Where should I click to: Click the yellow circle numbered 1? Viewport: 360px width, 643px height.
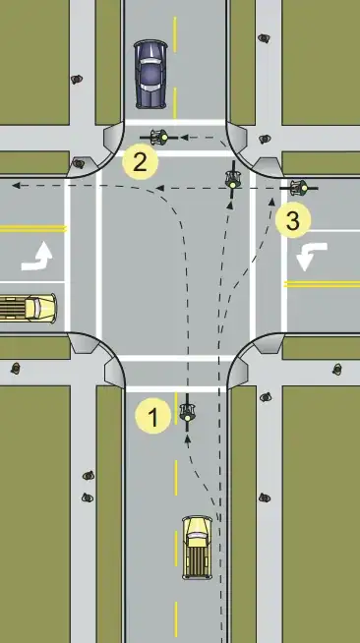point(151,417)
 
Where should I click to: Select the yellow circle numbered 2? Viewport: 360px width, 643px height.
point(140,162)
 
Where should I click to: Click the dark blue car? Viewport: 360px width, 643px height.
point(150,73)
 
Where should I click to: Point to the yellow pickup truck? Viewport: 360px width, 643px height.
point(198,546)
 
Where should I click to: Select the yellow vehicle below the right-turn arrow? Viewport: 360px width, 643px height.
point(28,307)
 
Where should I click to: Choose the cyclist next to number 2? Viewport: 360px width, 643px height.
point(159,135)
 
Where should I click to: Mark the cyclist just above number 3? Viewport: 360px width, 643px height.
point(299,185)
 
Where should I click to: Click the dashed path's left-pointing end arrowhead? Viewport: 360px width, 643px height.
point(15,184)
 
